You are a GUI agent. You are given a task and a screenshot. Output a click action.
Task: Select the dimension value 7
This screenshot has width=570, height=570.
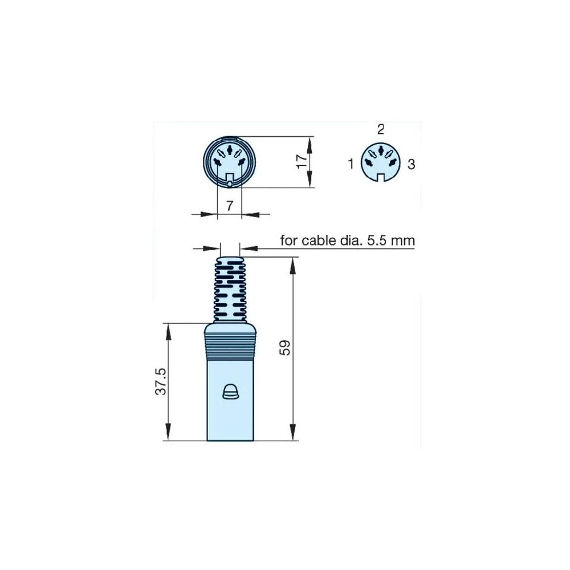(229, 206)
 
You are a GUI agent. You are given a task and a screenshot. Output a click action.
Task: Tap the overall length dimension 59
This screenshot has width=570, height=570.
(286, 348)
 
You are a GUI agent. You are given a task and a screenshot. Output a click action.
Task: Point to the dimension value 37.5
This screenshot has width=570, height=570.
(161, 381)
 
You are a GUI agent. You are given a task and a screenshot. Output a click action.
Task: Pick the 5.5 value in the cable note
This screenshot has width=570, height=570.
(377, 241)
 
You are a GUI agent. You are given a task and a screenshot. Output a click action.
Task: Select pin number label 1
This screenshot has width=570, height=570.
(351, 165)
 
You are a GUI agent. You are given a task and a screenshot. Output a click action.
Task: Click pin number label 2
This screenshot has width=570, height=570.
(381, 129)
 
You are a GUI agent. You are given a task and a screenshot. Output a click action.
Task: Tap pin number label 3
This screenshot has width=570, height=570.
(411, 165)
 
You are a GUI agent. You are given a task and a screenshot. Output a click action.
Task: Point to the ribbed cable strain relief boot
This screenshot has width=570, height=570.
(230, 288)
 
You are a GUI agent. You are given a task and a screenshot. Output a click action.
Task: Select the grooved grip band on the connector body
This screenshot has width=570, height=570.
(230, 344)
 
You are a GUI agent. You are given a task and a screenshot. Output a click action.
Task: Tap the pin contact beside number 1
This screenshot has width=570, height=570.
(369, 163)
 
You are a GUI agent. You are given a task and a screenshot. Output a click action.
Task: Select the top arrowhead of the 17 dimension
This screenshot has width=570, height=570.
(310, 141)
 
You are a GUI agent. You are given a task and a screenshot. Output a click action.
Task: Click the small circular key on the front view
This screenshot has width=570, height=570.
(229, 184)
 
